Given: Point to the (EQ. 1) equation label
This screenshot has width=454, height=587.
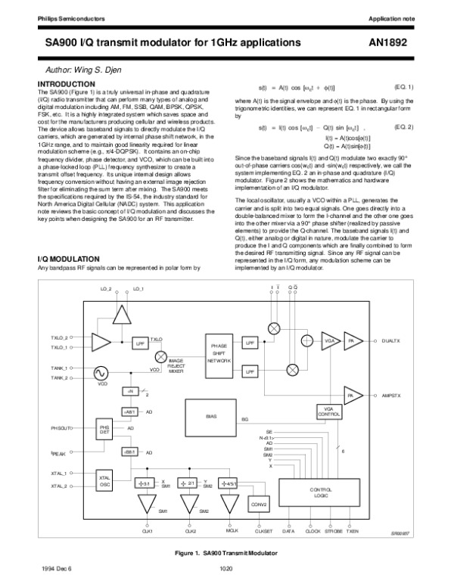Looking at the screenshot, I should pyautogui.click(x=404, y=88).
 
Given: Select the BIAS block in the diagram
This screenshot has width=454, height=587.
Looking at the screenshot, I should pyautogui.click(x=211, y=416).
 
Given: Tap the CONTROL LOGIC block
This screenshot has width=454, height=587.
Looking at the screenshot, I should pyautogui.click(x=322, y=492).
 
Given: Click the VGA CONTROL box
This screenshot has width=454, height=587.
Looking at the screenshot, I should pyautogui.click(x=328, y=411).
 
